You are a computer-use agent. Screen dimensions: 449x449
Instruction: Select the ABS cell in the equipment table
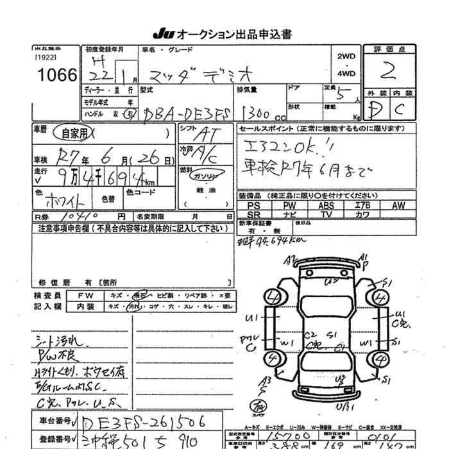tap(326, 205)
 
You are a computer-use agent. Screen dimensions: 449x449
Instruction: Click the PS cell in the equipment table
tap(253, 205)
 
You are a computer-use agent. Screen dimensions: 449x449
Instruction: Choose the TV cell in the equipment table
tap(326, 214)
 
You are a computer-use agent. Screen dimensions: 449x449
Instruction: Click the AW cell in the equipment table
tap(398, 205)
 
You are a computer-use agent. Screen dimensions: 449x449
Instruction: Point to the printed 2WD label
tap(346, 56)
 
